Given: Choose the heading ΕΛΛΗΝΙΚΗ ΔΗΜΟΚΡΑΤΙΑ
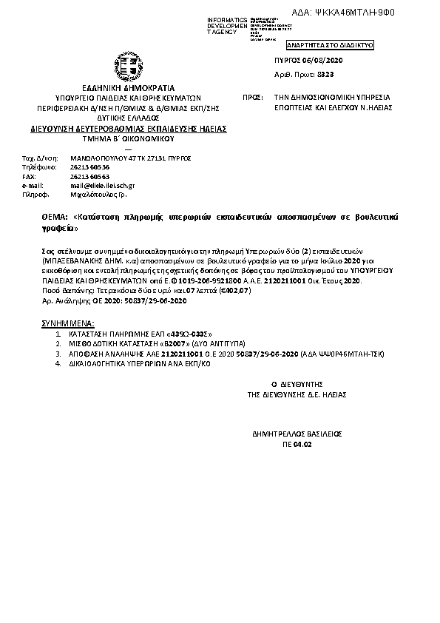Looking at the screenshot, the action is click(123, 87).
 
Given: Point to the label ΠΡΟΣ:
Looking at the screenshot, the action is click(253, 97).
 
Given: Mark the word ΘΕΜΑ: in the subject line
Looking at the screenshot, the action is click(55, 217).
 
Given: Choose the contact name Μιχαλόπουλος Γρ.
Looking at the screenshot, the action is click(99, 196).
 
